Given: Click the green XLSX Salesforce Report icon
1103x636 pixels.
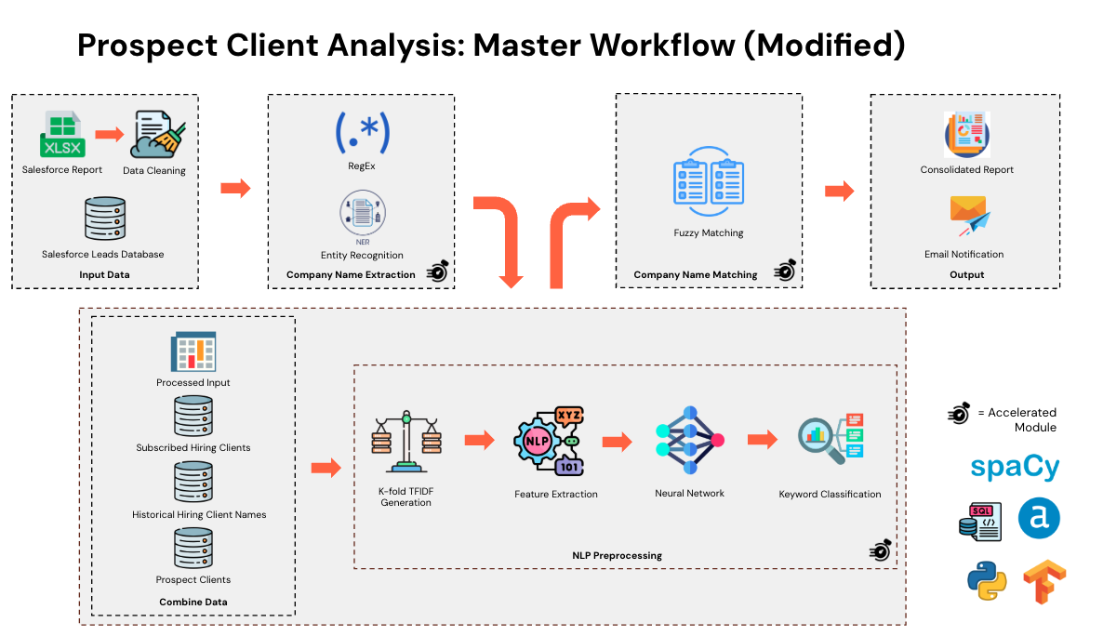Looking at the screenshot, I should [x=61, y=135].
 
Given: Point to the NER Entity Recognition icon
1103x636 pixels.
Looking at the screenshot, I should [x=362, y=215].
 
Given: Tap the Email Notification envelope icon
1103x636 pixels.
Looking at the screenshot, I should [x=967, y=216].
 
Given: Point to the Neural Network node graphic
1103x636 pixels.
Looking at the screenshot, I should [x=689, y=438].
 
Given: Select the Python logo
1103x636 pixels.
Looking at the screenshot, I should [x=986, y=581].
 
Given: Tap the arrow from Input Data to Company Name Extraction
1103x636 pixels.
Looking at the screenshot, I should [x=234, y=188].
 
